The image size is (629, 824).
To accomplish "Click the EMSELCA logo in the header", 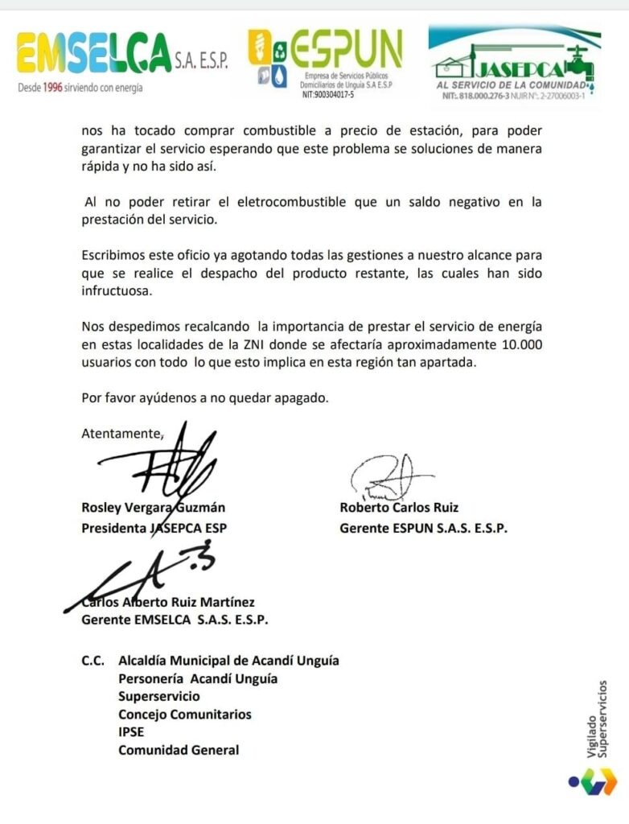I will [x=93, y=54].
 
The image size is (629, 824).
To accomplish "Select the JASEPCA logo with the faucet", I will [x=515, y=60].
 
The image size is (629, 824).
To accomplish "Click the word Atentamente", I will [x=121, y=433].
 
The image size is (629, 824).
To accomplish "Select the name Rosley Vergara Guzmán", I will [x=153, y=507].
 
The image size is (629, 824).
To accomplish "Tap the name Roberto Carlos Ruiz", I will [x=399, y=507].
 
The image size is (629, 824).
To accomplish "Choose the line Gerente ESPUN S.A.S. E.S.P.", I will [x=424, y=529].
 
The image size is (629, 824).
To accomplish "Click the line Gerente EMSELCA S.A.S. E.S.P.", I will [x=175, y=620].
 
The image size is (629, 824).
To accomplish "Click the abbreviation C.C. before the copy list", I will [x=93, y=661].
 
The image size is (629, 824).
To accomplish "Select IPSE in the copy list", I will [x=132, y=731].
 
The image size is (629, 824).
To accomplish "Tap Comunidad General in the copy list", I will [x=179, y=750].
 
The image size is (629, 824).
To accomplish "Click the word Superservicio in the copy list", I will [x=159, y=696].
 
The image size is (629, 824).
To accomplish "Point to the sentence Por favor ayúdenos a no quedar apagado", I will [x=205, y=398].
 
